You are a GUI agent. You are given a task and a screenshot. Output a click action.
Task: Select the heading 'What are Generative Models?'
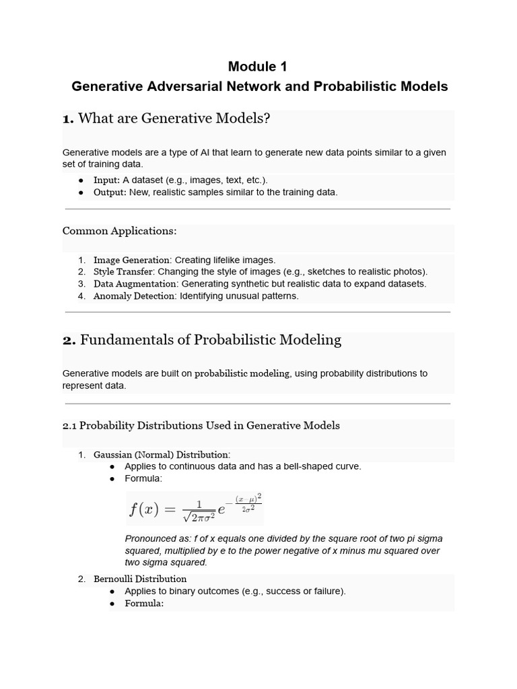[174, 119]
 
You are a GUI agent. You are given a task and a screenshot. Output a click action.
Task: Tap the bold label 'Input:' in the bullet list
[106, 180]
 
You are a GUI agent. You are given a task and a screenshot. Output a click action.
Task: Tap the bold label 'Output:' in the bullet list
[110, 192]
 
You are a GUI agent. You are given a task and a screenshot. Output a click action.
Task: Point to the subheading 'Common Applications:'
[119, 231]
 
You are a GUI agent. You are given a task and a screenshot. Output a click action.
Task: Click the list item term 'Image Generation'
[131, 260]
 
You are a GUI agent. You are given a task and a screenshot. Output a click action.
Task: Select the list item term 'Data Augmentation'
[134, 284]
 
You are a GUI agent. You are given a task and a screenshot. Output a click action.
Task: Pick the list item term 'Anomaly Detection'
[134, 296]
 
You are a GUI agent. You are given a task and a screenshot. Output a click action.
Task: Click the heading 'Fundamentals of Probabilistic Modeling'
[210, 340]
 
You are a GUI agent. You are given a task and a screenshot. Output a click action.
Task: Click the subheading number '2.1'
[71, 425]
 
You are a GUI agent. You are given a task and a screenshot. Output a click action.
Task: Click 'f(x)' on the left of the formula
[143, 509]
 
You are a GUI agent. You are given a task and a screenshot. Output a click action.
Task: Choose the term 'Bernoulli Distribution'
[140, 579]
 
